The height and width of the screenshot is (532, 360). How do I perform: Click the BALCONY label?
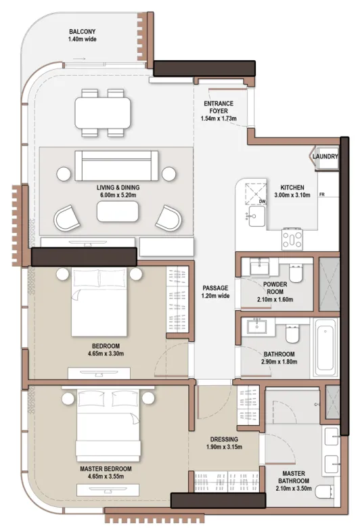coord(82,32)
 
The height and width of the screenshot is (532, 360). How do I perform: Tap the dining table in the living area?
coord(103,112)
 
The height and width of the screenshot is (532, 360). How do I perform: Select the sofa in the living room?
coord(116,166)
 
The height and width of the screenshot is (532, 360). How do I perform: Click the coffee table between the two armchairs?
coord(117,211)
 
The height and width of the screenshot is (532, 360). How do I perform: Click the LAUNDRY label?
coord(325,156)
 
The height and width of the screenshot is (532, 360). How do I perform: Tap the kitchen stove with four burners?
coord(292,239)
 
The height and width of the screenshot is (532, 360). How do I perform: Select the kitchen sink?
coord(256,216)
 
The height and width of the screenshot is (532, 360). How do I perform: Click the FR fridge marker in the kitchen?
coord(321,194)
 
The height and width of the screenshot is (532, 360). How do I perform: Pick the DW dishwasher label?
coord(262,202)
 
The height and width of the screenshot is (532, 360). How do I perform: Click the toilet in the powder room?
coord(296,273)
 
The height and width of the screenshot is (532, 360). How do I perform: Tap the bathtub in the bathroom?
coord(325,347)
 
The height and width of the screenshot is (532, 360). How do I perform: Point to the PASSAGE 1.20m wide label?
coord(215,292)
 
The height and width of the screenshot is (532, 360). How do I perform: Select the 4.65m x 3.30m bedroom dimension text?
coord(106,353)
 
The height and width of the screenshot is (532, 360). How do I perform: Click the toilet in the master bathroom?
coord(324,491)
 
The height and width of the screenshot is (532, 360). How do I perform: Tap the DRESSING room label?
coord(224,439)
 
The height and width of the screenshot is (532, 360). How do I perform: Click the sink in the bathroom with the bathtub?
coord(257,327)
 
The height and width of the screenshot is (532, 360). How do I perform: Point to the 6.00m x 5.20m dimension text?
coord(118,195)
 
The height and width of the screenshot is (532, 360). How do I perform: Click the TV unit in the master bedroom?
coord(108,490)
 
